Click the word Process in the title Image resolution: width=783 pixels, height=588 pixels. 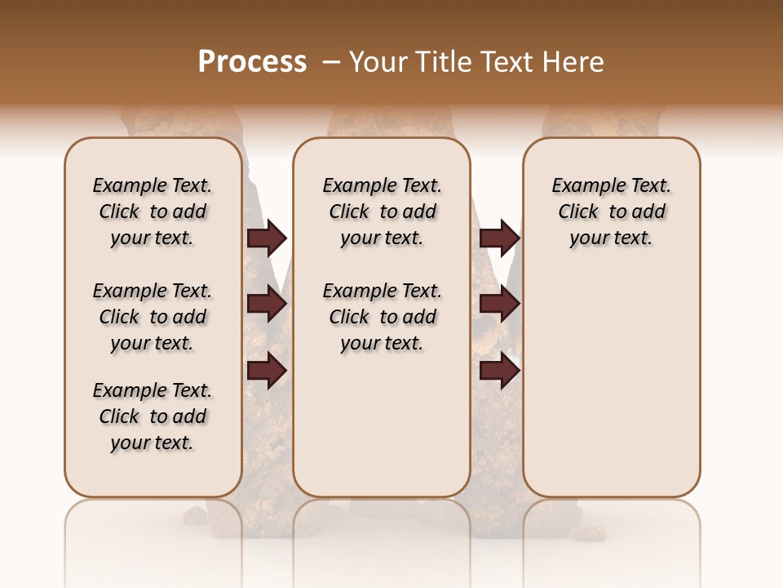[x=252, y=62]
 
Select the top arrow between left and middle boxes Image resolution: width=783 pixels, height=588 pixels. [x=267, y=238]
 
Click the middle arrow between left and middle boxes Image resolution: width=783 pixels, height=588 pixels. [x=267, y=304]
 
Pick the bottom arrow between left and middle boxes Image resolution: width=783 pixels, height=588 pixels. [x=267, y=371]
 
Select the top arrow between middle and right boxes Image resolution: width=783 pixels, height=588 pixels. [x=499, y=238]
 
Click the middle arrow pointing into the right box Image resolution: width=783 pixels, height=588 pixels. [x=499, y=304]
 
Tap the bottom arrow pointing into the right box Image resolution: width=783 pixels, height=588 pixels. [x=499, y=371]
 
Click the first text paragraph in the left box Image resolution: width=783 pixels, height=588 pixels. [x=152, y=212]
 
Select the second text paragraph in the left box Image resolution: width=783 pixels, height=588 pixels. [x=152, y=317]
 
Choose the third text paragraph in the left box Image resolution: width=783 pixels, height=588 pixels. [x=152, y=416]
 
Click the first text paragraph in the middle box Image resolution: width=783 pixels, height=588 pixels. [x=382, y=212]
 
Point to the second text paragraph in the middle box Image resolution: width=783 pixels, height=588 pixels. [x=382, y=317]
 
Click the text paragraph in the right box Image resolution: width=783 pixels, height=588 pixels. [x=611, y=212]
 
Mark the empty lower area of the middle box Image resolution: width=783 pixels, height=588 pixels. [x=382, y=425]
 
